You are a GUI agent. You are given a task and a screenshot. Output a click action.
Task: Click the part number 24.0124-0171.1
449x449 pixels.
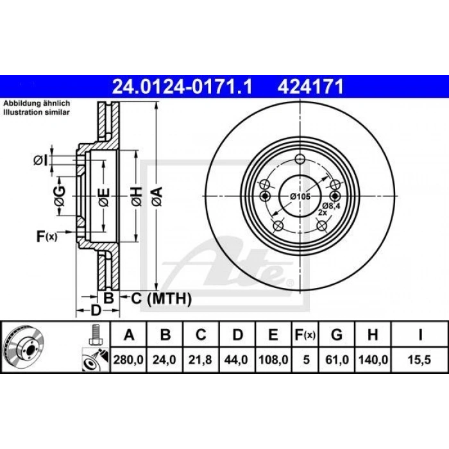click(x=182, y=87)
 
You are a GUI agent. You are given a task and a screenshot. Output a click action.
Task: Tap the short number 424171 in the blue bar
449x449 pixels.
click(x=310, y=87)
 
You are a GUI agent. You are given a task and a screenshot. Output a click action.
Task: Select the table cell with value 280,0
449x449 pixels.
click(x=128, y=360)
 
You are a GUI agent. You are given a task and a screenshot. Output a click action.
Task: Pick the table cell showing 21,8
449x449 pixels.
click(x=200, y=360)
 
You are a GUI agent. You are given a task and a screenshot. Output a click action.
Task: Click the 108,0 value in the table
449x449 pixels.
click(x=273, y=360)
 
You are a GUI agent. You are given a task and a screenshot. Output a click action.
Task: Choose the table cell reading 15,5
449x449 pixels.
click(x=419, y=360)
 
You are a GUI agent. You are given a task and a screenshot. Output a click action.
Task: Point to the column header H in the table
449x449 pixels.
click(x=373, y=334)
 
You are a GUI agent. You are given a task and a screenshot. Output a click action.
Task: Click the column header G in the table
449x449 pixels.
click(x=337, y=334)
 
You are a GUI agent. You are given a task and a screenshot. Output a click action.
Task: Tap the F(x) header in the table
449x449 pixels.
click(x=305, y=335)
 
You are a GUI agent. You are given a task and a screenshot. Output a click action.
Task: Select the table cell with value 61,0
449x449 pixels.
click(x=337, y=360)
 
